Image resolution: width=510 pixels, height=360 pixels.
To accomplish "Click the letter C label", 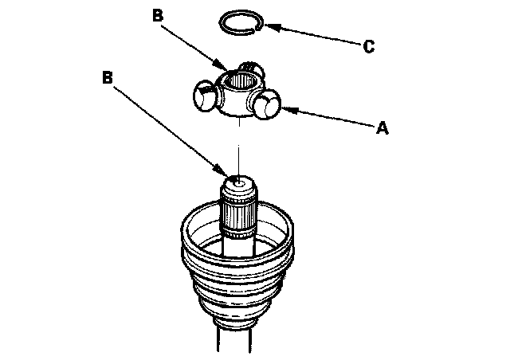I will point(368,47).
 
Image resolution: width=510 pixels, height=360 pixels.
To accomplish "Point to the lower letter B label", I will point(108,78).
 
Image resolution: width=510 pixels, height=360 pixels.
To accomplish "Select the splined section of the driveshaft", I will point(238,217).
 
